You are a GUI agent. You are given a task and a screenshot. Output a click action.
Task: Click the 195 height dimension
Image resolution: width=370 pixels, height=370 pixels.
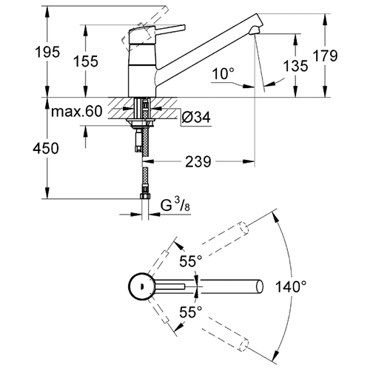pyautogui.click(x=47, y=52)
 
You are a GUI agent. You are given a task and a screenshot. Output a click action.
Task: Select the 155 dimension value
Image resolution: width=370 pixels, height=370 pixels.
pyautogui.click(x=86, y=61)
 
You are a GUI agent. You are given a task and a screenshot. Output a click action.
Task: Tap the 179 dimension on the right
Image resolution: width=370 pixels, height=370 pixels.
pyautogui.click(x=325, y=55)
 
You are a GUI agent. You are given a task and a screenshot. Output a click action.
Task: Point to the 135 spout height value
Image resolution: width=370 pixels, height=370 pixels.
pyautogui.click(x=295, y=66)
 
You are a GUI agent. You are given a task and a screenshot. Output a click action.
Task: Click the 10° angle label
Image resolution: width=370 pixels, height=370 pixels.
pyautogui.click(x=223, y=73)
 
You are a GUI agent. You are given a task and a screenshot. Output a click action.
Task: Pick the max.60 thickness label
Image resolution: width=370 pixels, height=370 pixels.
pyautogui.click(x=76, y=111)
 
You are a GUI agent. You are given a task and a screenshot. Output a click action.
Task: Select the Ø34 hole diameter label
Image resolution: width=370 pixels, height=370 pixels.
pyautogui.click(x=196, y=117)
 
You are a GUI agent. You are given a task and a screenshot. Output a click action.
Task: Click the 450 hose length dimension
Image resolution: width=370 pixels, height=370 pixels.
pyautogui.click(x=46, y=148)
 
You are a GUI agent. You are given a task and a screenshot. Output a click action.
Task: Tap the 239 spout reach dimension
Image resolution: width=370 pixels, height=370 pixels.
pyautogui.click(x=198, y=162)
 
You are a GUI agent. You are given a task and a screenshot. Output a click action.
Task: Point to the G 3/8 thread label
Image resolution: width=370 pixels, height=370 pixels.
pyautogui.click(x=175, y=205)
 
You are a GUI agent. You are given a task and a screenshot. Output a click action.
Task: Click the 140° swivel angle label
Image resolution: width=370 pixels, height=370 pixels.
pyautogui.click(x=291, y=286)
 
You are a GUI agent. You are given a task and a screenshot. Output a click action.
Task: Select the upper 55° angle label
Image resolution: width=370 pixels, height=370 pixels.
pyautogui.click(x=191, y=261)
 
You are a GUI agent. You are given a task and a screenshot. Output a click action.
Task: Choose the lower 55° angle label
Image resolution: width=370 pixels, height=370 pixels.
pyautogui.click(x=191, y=312)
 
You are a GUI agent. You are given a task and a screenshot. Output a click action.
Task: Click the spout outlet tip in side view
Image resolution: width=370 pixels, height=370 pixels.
pyautogui.click(x=251, y=31)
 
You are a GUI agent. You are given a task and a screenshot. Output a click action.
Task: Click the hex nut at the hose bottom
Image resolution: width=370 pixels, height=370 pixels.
pyautogui.click(x=145, y=196)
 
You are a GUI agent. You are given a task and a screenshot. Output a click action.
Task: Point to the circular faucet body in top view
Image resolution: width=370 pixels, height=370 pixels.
pyautogui.click(x=142, y=286)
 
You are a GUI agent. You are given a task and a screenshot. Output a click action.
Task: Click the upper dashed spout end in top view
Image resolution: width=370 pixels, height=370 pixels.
pyautogui.click(x=243, y=228)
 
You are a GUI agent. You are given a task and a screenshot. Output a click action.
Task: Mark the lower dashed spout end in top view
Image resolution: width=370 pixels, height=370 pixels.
pyautogui.click(x=243, y=345)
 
